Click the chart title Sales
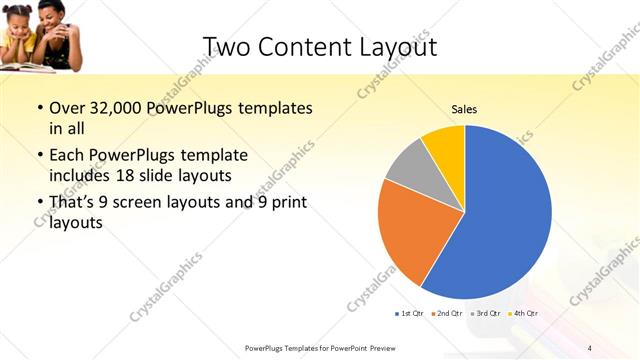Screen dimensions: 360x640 tap(464, 108)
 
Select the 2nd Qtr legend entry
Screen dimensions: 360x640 tap(445, 314)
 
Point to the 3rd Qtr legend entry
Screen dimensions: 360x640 tap(483, 314)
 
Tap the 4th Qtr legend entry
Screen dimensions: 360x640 tap(521, 314)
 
